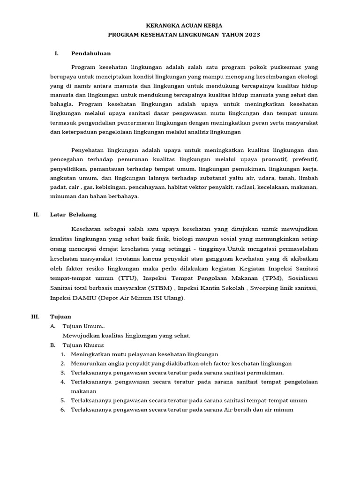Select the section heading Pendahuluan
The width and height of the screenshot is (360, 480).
pyautogui.click(x=91, y=53)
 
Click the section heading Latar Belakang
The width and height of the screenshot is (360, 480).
pyautogui.click(x=73, y=215)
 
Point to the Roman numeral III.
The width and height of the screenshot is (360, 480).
pyautogui.click(x=36, y=317)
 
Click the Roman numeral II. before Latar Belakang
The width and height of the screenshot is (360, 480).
pyautogui.click(x=36, y=215)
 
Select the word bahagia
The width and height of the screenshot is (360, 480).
pyautogui.click(x=62, y=104)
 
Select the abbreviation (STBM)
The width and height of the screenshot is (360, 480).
pyautogui.click(x=161, y=288)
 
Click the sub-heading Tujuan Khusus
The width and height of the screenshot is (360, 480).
pyautogui.click(x=83, y=345)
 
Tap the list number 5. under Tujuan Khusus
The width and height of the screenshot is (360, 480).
pyautogui.click(x=62, y=400)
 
